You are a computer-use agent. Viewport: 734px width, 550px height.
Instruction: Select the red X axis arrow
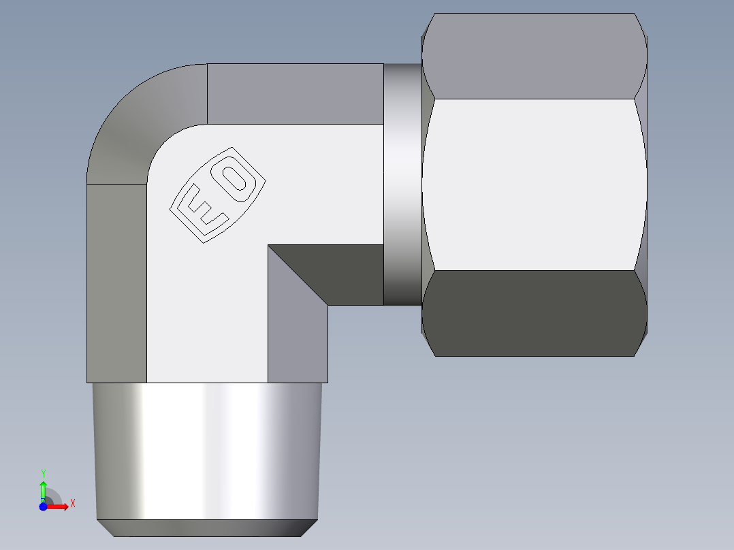[59, 506]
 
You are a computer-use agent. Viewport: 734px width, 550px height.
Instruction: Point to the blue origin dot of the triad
[43, 506]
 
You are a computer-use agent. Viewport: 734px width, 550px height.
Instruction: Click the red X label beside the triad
[72, 504]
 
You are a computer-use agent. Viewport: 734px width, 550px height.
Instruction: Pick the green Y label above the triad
[43, 473]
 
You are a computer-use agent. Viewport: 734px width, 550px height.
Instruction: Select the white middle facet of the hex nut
[534, 184]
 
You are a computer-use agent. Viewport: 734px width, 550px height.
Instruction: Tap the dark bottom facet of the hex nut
[534, 313]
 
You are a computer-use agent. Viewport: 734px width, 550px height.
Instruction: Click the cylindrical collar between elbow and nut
[402, 184]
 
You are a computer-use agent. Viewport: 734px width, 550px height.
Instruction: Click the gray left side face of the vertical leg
[116, 282]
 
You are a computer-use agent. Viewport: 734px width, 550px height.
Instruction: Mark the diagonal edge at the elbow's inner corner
[298, 275]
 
